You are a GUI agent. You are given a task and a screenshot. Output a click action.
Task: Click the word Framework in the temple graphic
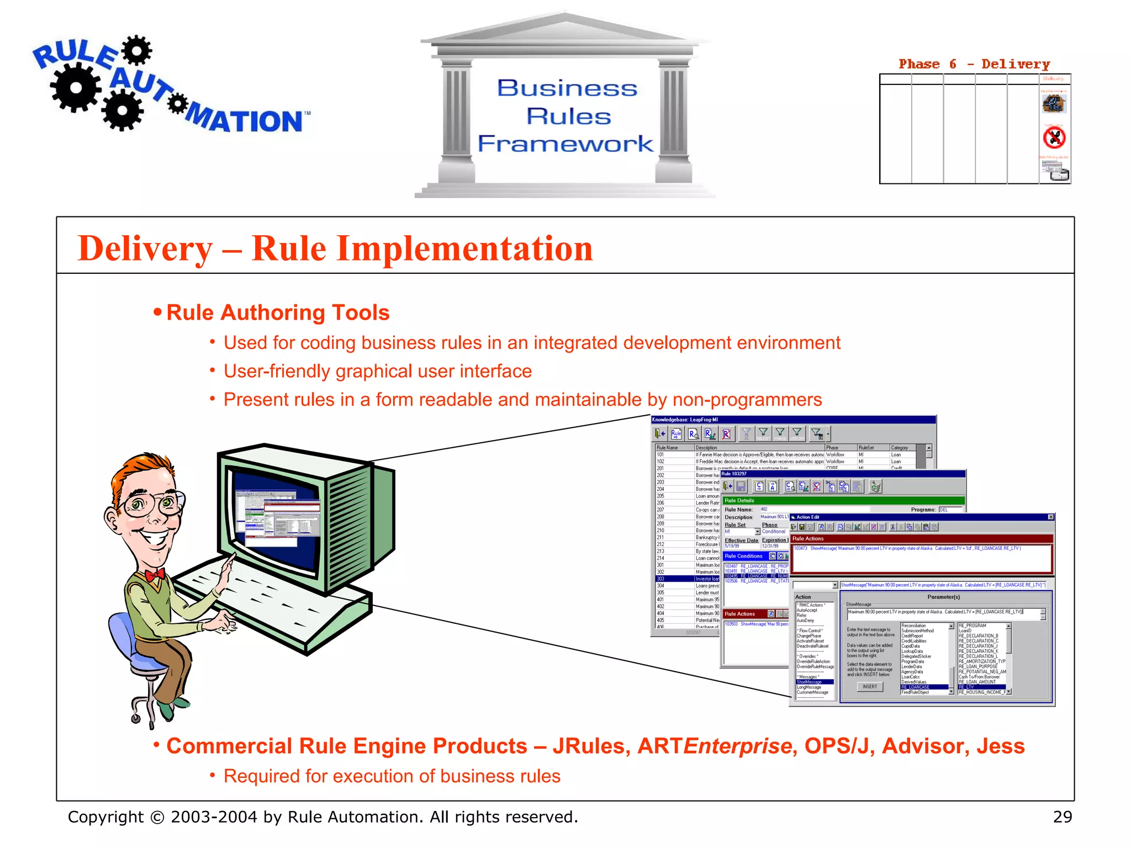pyautogui.click(x=565, y=144)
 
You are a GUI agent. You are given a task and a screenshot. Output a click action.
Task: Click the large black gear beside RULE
pyautogui.click(x=76, y=87)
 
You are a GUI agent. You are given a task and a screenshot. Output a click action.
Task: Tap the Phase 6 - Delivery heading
pyautogui.click(x=974, y=64)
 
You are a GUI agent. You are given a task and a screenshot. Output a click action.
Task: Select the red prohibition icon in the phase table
pyautogui.click(x=1054, y=137)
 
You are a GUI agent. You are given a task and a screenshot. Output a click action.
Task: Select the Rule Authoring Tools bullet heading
pyautogui.click(x=278, y=312)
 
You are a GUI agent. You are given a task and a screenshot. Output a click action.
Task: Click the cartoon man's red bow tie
pyautogui.click(x=155, y=575)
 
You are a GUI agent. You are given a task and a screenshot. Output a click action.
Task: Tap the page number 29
pyautogui.click(x=1062, y=817)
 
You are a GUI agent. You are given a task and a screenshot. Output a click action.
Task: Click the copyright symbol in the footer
pyautogui.click(x=157, y=817)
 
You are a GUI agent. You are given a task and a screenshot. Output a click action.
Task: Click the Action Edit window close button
pyautogui.click(x=1050, y=517)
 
